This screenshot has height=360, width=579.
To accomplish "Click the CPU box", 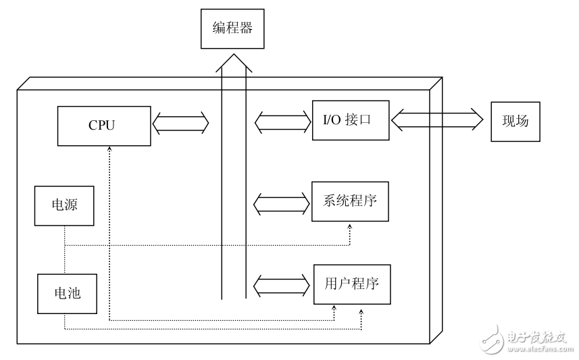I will (103, 125).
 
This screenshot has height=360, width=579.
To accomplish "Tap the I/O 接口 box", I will (350, 120).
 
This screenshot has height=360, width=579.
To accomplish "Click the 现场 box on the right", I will (515, 122).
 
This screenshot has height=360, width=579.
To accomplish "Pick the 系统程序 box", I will (350, 201).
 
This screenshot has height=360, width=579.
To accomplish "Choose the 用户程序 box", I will (352, 284).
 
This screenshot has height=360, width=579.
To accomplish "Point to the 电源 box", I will (64, 205).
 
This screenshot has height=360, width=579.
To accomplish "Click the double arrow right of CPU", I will (181, 124).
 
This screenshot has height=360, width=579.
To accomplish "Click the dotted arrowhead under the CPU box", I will (108, 149).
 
